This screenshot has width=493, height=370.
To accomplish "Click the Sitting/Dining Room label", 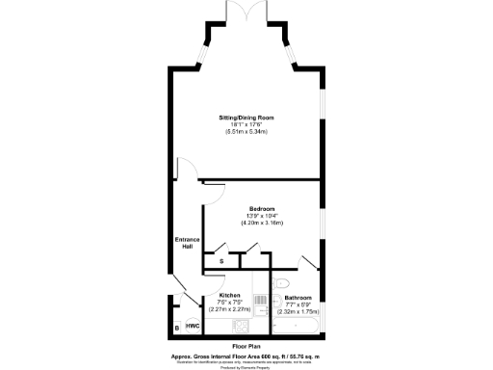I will tap(246, 117).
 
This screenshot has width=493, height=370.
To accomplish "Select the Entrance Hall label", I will tap(186, 242).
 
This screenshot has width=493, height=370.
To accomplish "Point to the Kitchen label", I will tap(229, 295).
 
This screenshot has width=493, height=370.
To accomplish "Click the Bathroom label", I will tap(298, 298).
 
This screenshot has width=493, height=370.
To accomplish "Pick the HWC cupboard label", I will tap(193, 327).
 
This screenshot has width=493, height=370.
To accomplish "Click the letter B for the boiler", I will tap(177, 328).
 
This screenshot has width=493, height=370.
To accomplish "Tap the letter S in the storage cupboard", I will tap(221, 261).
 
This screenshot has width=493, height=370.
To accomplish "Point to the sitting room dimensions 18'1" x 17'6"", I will tap(246, 124).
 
